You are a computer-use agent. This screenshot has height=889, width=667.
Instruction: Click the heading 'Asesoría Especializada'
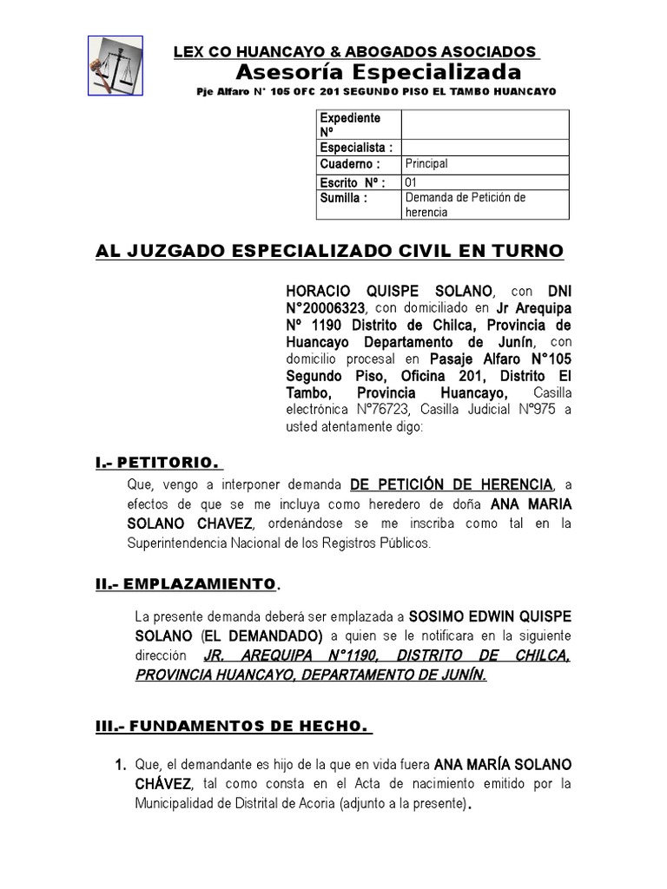[379, 71]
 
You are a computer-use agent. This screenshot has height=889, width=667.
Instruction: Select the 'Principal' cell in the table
[426, 163]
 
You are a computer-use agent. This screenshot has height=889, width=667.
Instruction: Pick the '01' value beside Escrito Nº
[412, 182]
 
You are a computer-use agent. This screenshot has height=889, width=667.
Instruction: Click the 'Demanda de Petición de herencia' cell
[466, 204]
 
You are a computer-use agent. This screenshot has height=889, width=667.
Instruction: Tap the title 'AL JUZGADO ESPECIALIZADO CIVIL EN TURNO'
[329, 251]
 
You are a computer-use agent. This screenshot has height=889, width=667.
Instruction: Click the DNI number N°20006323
[326, 308]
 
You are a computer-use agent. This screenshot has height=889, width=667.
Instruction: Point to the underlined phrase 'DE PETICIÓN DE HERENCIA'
[451, 484]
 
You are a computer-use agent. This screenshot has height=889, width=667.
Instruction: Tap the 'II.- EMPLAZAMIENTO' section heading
[186, 583]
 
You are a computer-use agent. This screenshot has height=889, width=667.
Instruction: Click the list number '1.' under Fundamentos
[121, 765]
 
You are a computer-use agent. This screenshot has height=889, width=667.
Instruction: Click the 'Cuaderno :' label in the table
[350, 163]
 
